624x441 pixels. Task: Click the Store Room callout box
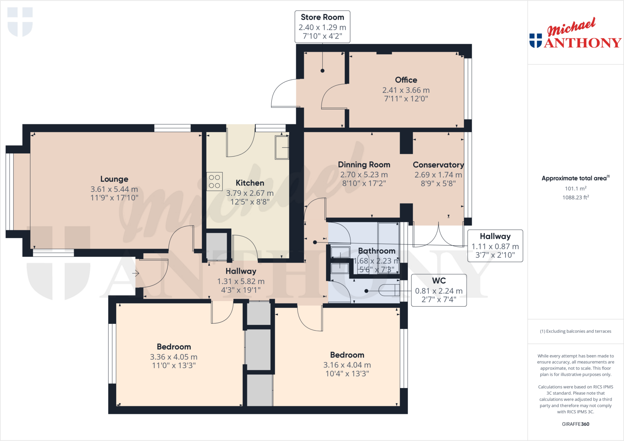[322, 27]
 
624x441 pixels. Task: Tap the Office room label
[406, 80]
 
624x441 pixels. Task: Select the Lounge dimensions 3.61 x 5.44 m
[114, 189]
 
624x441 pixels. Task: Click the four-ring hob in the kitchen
[214, 181]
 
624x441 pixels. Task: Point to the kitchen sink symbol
[282, 148]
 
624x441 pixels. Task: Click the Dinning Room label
[364, 165]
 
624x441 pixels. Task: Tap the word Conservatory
[438, 165]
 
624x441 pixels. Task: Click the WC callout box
[439, 290]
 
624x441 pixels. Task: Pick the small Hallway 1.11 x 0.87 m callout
[495, 246]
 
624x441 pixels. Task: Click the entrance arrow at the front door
[136, 273]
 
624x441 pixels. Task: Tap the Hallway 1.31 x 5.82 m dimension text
[241, 281]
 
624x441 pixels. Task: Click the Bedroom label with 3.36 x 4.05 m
[174, 347]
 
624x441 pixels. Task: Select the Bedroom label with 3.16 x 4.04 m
[347, 355]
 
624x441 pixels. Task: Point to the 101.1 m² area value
[576, 188]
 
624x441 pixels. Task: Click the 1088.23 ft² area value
[576, 197]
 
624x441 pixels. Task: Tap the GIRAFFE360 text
[576, 424]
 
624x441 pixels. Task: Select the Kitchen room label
[250, 183]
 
